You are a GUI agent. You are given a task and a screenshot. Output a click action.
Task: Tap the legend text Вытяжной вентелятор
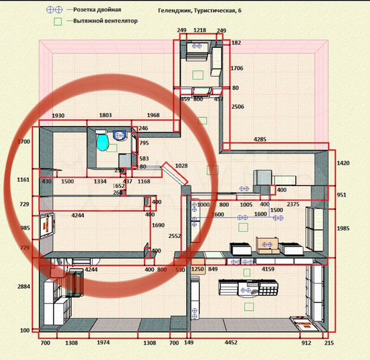tap(106, 21)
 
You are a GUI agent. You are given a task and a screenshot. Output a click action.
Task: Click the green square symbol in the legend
tap(58, 21)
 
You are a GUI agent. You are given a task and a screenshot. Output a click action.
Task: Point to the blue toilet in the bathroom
tap(102, 142)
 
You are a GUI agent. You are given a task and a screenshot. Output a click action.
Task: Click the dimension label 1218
tap(199, 31)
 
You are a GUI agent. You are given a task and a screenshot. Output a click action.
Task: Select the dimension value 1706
tap(237, 69)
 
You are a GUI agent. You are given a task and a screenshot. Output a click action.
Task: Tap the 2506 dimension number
tap(237, 107)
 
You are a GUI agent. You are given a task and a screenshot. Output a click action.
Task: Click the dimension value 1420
tap(343, 163)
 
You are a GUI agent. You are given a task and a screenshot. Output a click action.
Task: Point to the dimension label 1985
tap(343, 229)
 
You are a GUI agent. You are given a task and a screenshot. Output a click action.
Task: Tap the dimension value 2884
tap(25, 287)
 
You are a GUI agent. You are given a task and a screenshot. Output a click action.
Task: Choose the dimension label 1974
tap(102, 343)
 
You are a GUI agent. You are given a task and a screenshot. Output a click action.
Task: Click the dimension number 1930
tap(57, 115)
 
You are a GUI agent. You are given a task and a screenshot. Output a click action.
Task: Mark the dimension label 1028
tap(181, 165)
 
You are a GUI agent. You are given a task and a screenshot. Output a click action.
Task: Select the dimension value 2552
tap(175, 237)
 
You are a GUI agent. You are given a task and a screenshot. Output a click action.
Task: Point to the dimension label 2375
tap(293, 205)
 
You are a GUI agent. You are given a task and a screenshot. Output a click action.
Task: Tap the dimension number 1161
tap(25, 180)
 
